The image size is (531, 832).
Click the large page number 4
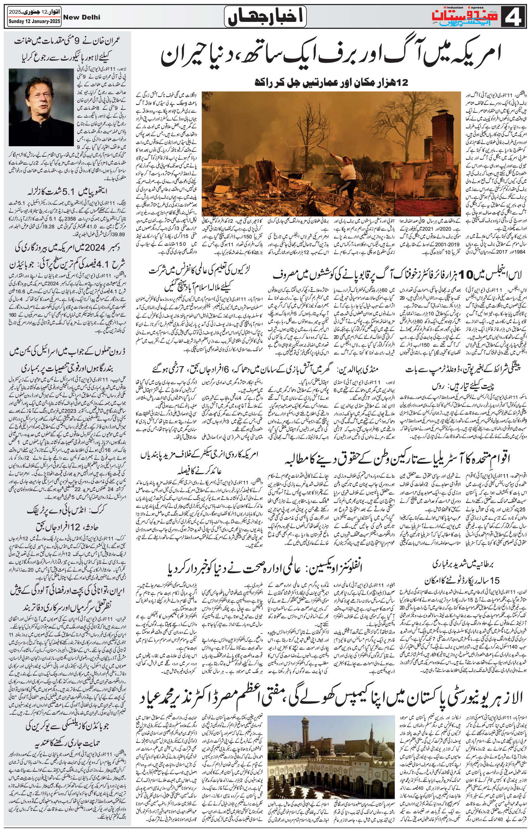[x=518, y=16]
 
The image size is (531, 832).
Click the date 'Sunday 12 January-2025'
[x=31, y=22]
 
